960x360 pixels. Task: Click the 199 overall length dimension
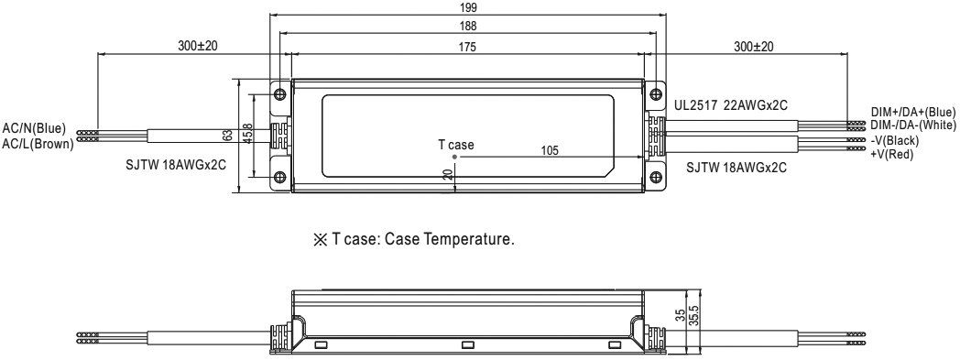pos(467,7)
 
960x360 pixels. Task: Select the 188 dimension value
pos(467,27)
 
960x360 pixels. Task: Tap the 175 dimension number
pos(467,47)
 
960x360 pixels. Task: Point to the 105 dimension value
pos(550,150)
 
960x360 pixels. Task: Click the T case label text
pos(455,145)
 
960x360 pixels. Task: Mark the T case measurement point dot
pos(455,157)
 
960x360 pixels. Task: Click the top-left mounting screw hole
pos(280,93)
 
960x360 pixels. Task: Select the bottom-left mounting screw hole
pos(280,178)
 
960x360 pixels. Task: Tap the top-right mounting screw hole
pos(656,93)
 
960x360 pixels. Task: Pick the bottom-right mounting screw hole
pos(656,178)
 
